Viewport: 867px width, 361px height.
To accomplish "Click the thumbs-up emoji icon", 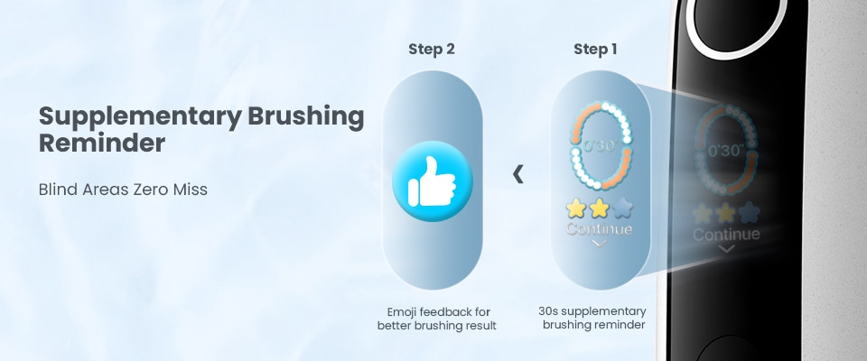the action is pos(433,181).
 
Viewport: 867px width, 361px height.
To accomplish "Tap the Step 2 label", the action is pos(432,50).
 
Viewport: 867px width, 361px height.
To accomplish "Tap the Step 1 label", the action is pos(595,50).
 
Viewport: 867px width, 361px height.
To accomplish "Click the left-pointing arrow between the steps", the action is pos(518,174).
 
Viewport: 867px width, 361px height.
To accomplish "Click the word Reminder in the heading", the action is pos(102,143).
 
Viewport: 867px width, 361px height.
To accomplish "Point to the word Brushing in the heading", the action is pos(306,117).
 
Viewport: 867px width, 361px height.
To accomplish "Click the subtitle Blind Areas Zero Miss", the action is pos(124,190).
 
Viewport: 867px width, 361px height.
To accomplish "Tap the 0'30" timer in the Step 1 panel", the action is pos(600,146).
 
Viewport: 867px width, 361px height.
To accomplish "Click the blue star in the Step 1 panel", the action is pos(622,208).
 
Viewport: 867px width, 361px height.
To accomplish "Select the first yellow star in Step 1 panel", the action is pos(576,208).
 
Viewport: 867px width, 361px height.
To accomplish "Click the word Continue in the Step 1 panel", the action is pos(600,229).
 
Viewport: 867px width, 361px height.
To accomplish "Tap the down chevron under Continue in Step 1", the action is pos(600,244).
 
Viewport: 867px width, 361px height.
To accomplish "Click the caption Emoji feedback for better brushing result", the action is pos(437,319).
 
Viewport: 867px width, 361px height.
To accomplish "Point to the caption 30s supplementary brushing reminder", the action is pos(592,318).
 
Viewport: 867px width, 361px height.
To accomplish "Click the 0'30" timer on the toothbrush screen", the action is pos(726,151).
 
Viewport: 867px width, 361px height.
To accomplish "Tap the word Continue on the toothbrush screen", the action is pos(726,235).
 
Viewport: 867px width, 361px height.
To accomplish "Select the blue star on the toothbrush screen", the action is pos(750,213).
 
